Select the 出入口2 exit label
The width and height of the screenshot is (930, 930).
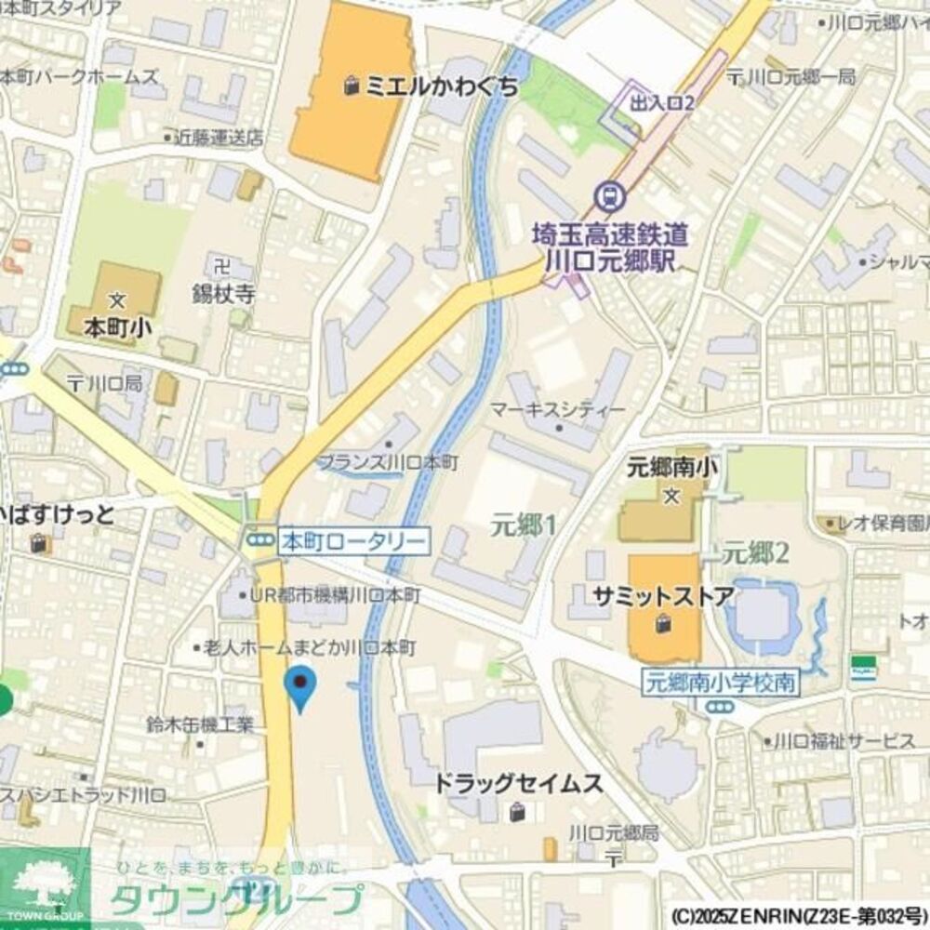(x=661, y=103)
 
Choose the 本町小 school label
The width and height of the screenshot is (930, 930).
(x=117, y=326)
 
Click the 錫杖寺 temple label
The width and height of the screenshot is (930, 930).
(x=223, y=295)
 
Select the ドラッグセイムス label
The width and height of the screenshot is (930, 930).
(x=518, y=783)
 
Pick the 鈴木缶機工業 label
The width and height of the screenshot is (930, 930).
(x=200, y=724)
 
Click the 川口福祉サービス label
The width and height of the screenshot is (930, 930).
(x=844, y=741)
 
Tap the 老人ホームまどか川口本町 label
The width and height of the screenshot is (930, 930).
(x=309, y=647)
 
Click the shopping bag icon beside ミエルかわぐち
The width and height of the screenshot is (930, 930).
(x=352, y=86)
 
